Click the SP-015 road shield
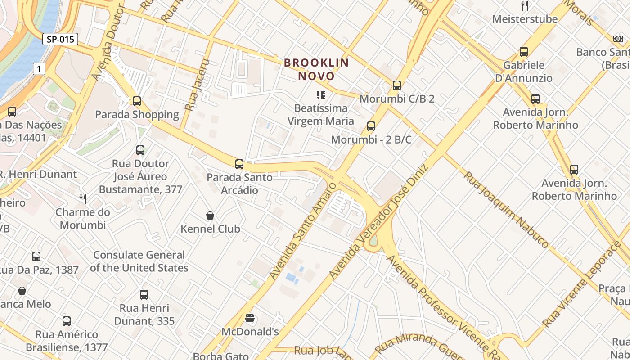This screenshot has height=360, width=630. [60, 39]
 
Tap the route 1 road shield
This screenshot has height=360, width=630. [40, 69]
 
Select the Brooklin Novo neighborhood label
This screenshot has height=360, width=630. [316, 69]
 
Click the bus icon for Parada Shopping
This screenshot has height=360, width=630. [137, 101]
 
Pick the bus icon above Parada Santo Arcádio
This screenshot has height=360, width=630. [239, 164]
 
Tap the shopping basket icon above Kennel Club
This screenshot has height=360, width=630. [210, 216]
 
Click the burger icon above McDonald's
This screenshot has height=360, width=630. [250, 319]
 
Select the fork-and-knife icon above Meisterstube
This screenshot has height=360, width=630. [524, 6]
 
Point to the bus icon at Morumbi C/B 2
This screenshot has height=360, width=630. [396, 85]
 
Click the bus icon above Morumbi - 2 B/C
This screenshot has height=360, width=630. [371, 126]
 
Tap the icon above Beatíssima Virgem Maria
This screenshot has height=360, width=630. [320, 95]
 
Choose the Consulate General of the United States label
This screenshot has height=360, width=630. [139, 261]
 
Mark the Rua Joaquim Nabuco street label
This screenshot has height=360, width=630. [506, 210]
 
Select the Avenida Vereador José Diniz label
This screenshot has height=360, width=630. [379, 221]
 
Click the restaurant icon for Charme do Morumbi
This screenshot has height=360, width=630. [83, 199]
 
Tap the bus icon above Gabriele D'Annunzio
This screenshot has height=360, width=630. [523, 52]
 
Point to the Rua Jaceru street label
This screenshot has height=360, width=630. [198, 85]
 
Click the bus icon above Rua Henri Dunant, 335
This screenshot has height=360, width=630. [144, 295]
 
